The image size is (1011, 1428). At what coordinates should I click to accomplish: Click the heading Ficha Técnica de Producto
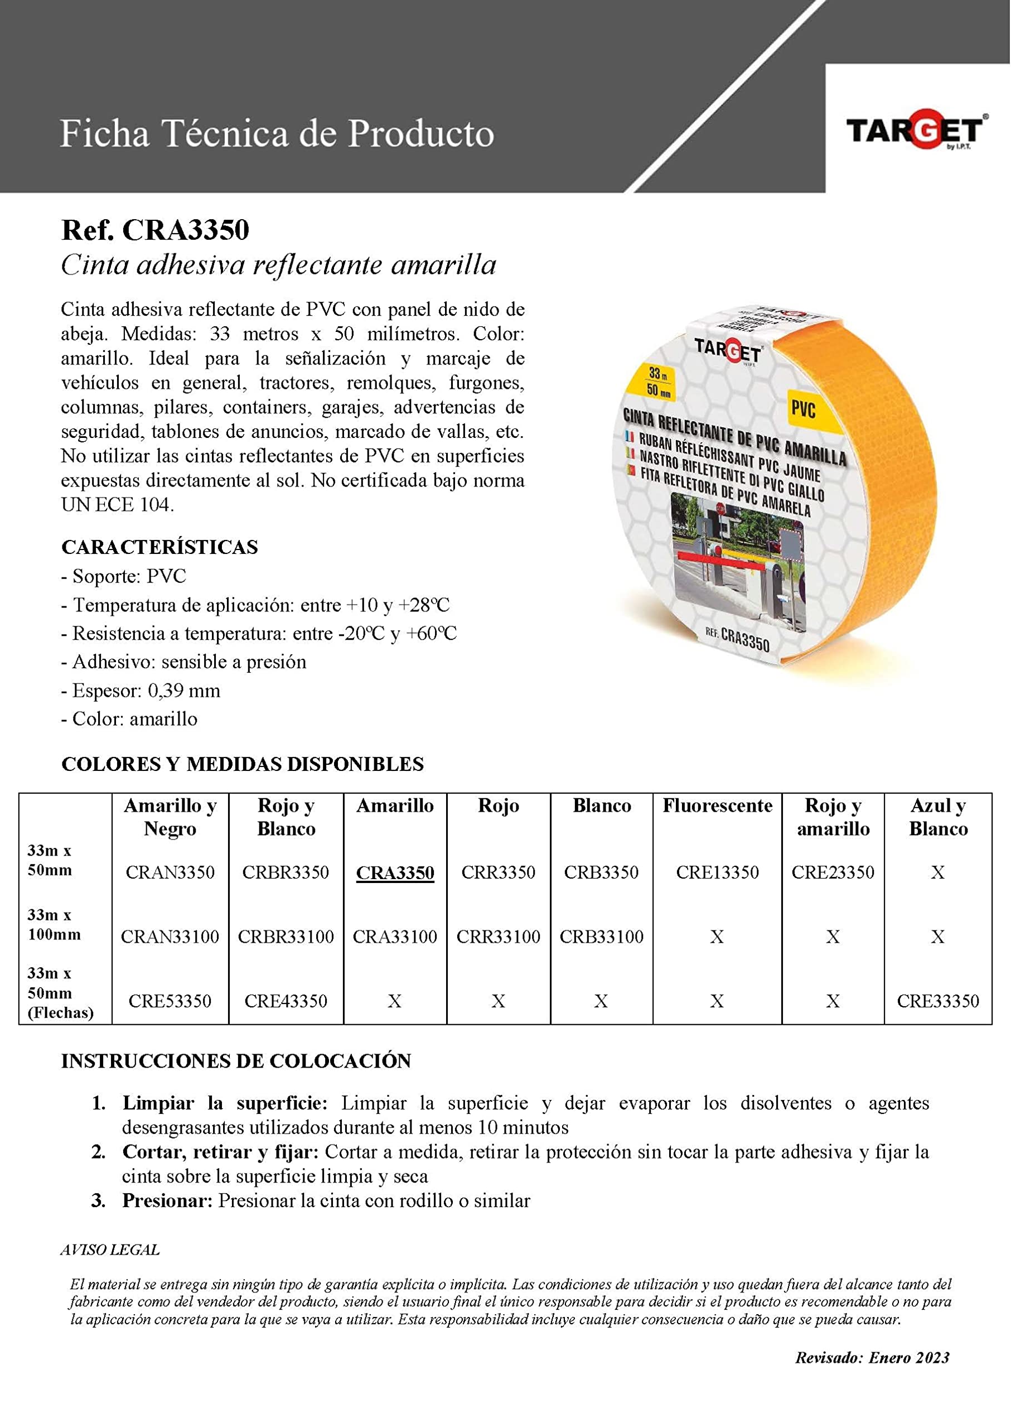(277, 134)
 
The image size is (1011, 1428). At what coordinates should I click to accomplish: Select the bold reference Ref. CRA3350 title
(155, 230)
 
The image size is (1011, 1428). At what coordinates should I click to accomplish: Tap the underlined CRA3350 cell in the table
(395, 872)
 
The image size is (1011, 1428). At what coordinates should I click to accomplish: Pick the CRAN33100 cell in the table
(170, 937)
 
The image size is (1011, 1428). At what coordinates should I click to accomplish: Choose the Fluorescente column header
(717, 806)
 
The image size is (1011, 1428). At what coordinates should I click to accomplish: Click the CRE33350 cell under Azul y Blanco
(937, 1001)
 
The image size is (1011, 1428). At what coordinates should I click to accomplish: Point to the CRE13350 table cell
(717, 872)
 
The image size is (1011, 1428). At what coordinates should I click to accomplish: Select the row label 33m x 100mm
(54, 925)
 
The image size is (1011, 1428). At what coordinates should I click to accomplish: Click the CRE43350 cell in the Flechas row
(286, 1001)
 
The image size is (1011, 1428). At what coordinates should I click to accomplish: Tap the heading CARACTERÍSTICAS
(159, 547)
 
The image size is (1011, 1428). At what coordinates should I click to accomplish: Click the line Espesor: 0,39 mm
(141, 691)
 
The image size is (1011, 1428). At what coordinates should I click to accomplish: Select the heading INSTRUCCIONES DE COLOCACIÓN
(236, 1061)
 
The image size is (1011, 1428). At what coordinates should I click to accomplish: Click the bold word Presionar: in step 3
(167, 1200)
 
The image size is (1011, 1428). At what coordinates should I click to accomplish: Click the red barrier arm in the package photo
(716, 561)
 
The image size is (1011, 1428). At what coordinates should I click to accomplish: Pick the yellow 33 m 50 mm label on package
(658, 382)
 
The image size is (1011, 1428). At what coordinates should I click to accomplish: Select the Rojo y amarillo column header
(833, 817)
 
